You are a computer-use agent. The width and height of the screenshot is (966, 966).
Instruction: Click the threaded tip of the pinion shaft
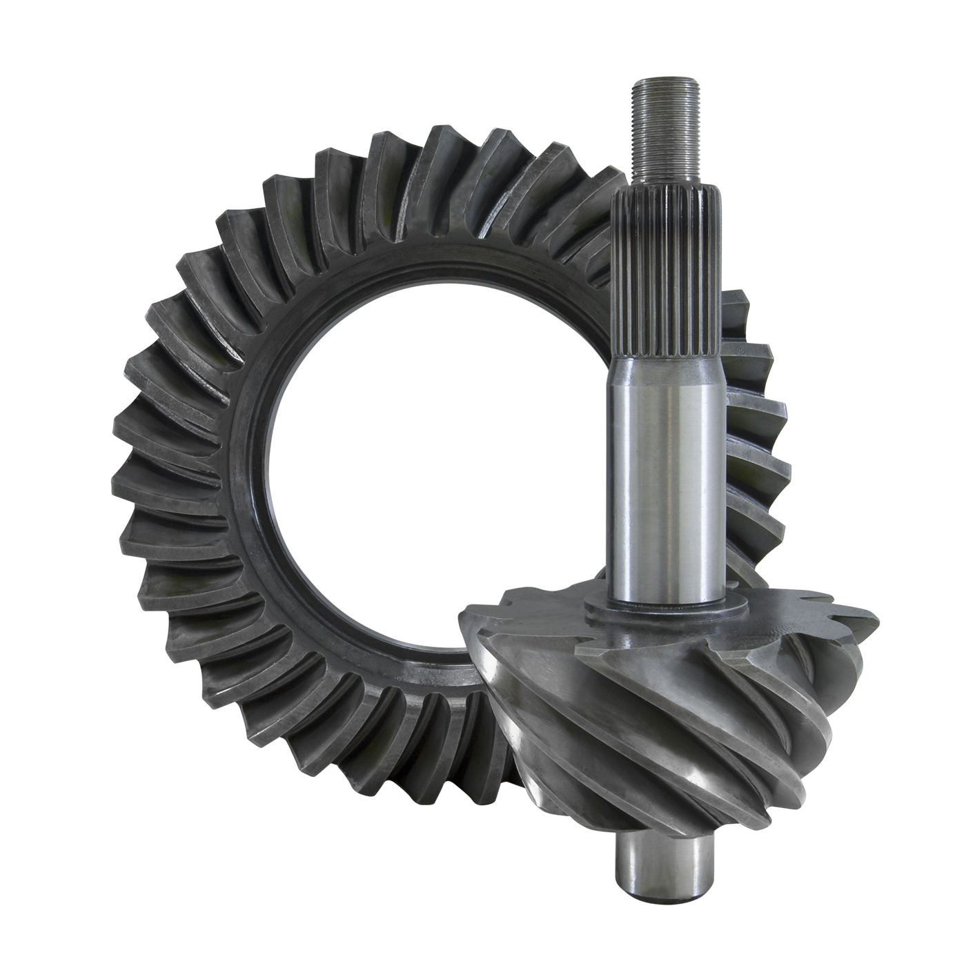664,138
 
